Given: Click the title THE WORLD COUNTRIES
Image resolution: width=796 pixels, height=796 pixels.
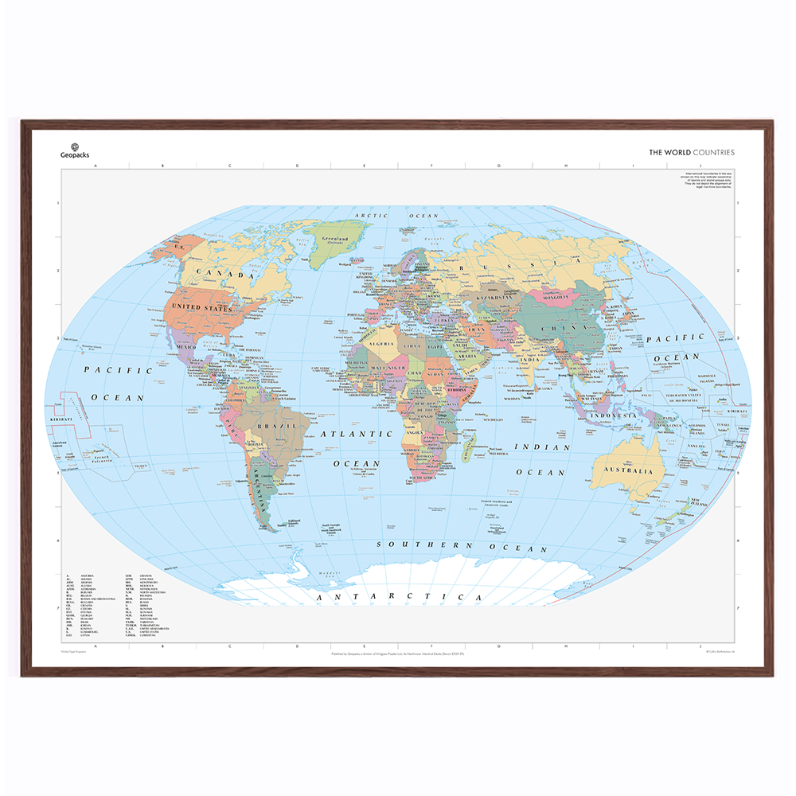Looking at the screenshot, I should pyautogui.click(x=691, y=152).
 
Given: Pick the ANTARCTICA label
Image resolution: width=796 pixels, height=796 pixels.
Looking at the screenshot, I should pyautogui.click(x=400, y=596).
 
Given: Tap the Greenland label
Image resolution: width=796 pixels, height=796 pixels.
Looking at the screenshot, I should pyautogui.click(x=334, y=238).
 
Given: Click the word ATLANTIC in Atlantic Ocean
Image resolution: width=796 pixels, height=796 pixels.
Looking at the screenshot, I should pyautogui.click(x=357, y=435).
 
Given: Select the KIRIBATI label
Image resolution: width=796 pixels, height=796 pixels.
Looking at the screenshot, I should pyautogui.click(x=61, y=418).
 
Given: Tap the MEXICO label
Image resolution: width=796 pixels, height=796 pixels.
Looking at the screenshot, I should pyautogui.click(x=185, y=347).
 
